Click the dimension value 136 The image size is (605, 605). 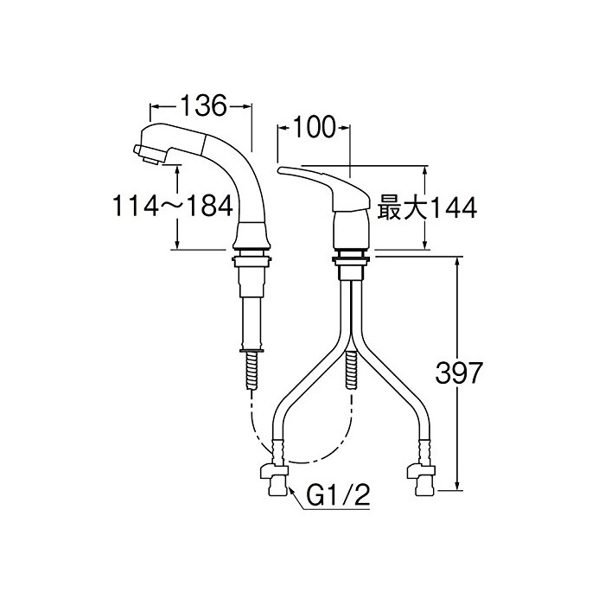[203, 105]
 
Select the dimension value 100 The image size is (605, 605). [314, 127]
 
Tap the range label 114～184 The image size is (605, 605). [173, 206]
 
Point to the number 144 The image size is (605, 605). [455, 208]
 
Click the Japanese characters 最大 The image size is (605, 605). [403, 208]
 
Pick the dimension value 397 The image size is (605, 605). [458, 373]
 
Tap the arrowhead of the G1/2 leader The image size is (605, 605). [290, 491]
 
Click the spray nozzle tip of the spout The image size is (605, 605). [148, 156]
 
